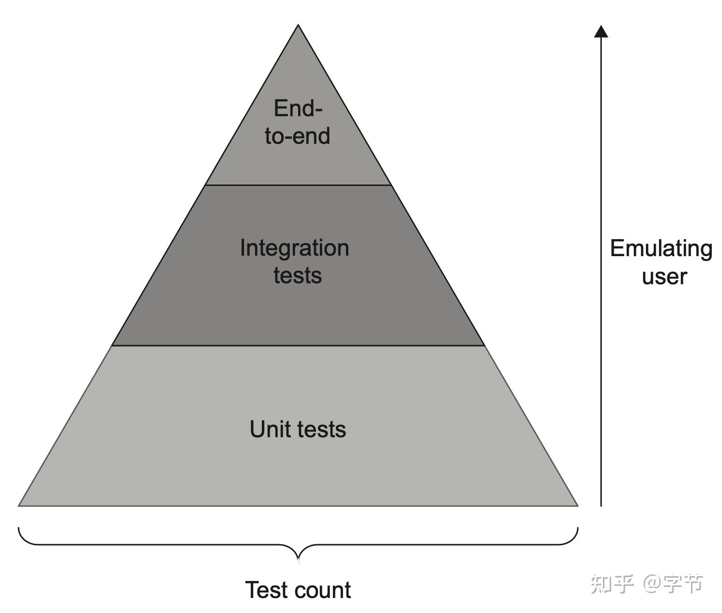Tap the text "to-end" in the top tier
[x=298, y=136]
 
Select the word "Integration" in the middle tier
[x=294, y=248]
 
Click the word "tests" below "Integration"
[x=298, y=275]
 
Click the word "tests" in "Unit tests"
[x=322, y=429]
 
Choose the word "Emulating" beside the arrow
[x=661, y=248]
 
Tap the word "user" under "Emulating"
[x=664, y=276]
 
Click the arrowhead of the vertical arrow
[x=601, y=31]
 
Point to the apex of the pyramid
[x=298, y=26]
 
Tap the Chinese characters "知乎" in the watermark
[x=612, y=584]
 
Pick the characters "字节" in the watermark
[x=683, y=584]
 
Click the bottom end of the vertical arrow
[x=601, y=506]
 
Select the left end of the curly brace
[x=19, y=528]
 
